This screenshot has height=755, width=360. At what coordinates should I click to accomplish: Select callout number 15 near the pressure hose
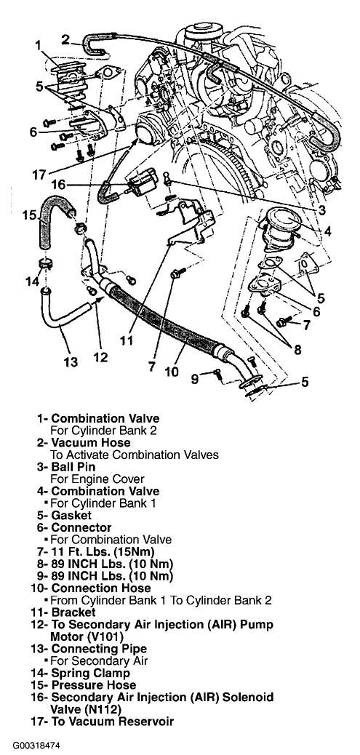point(29,214)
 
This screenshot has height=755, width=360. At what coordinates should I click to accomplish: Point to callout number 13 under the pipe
point(71,361)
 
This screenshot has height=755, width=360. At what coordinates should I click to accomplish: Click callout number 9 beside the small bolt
point(194,379)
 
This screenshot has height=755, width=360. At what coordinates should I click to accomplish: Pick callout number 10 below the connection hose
point(172,371)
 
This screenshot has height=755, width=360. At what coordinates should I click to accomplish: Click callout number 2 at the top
point(65,39)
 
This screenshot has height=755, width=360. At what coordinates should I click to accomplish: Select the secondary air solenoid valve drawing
point(143,183)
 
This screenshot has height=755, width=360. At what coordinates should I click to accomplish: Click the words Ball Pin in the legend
point(73,466)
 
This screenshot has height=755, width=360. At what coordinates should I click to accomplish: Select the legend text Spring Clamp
point(90,673)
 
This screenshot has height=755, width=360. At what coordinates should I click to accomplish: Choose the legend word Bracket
point(73,612)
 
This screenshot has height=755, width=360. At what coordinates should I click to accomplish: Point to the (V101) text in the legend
point(112,636)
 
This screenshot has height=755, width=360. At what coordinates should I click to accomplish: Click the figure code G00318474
point(37,746)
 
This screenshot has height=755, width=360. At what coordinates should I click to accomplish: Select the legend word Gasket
point(71,515)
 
